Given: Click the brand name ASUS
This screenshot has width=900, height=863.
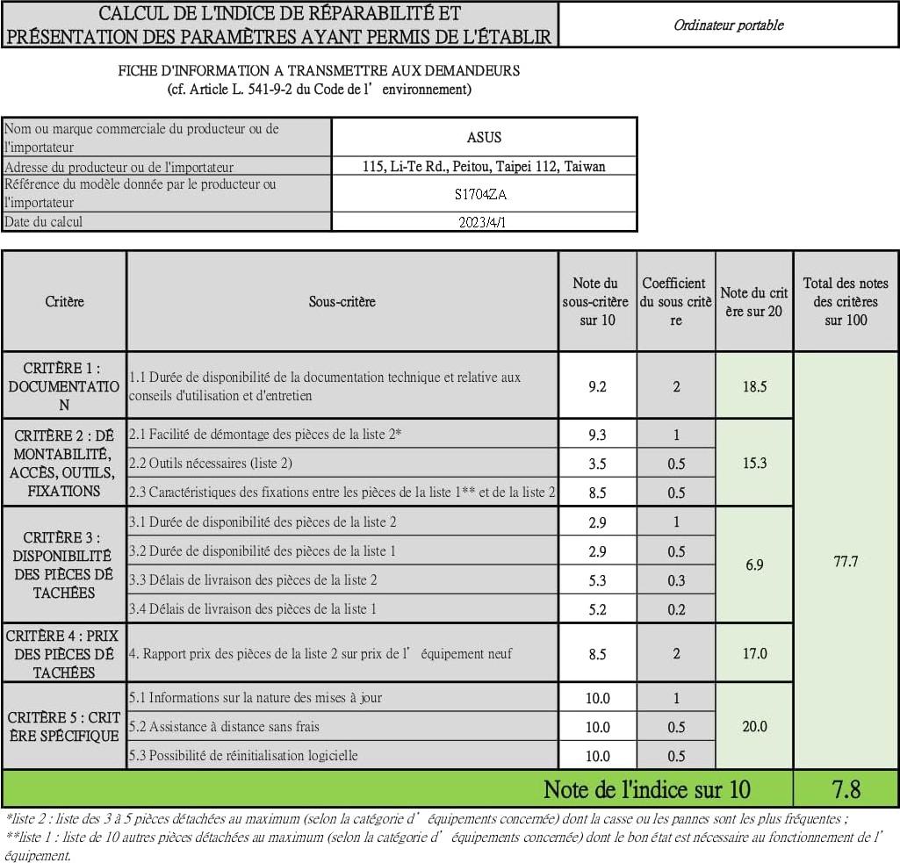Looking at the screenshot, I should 484,138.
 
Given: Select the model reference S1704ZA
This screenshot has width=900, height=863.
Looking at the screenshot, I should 484,194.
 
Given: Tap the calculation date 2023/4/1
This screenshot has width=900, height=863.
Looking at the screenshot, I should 483,222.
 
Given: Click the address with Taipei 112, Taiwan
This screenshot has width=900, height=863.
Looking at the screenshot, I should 484,166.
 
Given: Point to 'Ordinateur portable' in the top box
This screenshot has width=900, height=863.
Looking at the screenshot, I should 728,25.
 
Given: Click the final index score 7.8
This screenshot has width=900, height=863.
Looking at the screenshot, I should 845,789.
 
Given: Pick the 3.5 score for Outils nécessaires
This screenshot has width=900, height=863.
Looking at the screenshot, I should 597,464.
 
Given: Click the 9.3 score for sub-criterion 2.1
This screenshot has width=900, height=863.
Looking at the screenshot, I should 597,435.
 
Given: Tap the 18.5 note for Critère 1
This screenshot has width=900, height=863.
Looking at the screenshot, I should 754,386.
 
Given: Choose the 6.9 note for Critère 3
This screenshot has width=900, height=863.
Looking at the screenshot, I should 754,565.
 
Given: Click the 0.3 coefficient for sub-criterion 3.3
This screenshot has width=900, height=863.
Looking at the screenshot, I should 676,580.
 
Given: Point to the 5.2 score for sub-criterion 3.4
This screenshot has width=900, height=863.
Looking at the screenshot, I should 597,609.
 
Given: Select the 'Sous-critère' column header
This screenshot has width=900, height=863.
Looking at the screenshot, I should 342,301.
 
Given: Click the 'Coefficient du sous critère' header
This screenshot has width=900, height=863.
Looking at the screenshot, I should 675,301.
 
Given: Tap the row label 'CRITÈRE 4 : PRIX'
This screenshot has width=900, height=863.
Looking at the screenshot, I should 64,653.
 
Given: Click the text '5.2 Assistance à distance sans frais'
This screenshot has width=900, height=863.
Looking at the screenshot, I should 224,727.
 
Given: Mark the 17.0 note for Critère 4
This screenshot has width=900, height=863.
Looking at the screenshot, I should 754,653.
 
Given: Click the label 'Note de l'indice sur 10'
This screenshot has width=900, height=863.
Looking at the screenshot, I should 647,789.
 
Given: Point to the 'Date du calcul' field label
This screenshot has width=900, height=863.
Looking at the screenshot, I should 44,222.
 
